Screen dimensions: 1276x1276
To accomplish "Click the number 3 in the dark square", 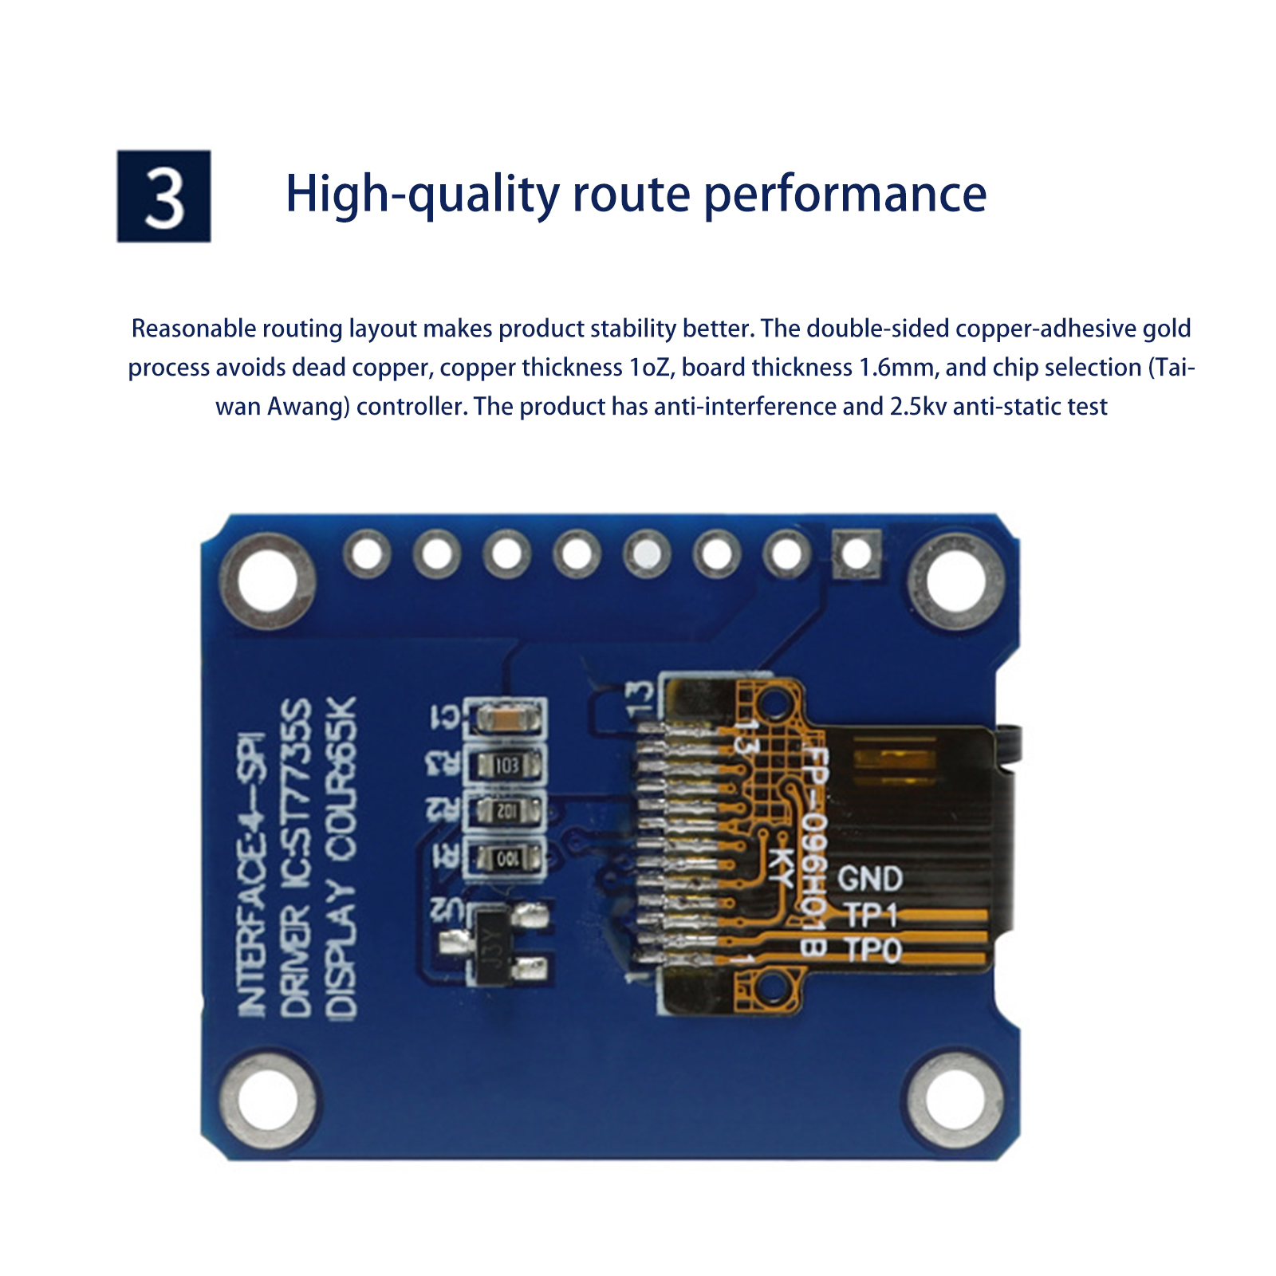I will [164, 197].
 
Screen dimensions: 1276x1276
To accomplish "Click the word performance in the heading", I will [845, 195].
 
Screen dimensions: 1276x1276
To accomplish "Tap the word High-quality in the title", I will [422, 195].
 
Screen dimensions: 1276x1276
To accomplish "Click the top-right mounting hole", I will [955, 580].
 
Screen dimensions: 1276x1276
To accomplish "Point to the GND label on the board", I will [869, 879].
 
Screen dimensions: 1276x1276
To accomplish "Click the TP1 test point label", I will [871, 915].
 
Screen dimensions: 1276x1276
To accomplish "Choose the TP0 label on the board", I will [872, 950].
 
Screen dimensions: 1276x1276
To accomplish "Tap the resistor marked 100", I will [507, 859].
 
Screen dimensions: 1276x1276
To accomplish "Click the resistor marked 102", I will [507, 812].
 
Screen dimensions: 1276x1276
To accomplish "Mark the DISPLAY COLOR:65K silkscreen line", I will [341, 857].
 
